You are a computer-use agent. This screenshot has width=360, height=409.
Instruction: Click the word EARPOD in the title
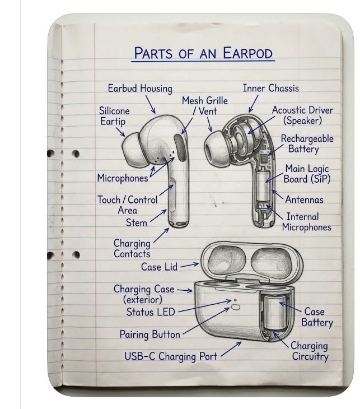[247, 53]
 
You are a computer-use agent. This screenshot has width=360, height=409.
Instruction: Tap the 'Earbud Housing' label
[140, 89]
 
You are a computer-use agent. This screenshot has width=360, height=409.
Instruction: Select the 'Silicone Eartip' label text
[114, 117]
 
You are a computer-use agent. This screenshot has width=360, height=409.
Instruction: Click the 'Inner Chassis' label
[270, 88]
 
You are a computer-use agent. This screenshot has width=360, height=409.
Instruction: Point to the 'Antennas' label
[304, 199]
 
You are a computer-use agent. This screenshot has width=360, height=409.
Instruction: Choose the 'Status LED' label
[151, 312]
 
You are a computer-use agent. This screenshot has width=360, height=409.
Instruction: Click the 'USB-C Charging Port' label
[171, 356]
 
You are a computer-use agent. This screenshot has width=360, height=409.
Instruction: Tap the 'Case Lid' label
[159, 267]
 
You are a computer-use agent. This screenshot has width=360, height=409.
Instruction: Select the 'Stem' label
[137, 223]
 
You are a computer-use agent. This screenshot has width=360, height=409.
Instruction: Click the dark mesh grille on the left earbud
[181, 147]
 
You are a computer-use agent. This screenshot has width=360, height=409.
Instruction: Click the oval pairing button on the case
[235, 307]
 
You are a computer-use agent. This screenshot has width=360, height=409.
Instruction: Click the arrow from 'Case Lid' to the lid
[189, 265]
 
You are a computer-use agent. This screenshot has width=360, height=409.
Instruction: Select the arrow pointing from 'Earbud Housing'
[151, 104]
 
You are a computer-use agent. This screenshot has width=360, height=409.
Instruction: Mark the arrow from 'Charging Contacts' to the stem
[161, 235]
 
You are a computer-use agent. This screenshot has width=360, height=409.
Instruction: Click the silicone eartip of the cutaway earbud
[216, 148]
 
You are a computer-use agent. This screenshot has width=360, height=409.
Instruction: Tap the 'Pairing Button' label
[149, 334]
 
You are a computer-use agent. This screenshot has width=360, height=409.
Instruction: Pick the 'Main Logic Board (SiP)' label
[307, 174]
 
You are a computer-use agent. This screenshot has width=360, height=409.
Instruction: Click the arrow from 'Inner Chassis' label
[254, 104]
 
